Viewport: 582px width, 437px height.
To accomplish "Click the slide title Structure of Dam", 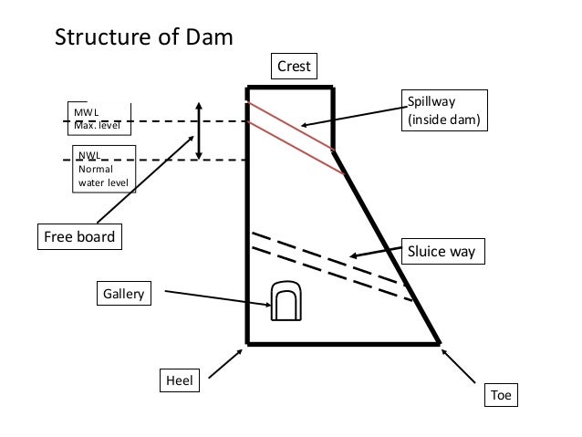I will [x=144, y=38].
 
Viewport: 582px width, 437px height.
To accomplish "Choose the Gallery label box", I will [x=123, y=295].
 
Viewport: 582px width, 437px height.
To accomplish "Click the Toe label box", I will [x=501, y=395].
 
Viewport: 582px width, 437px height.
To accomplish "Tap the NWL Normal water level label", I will [x=102, y=170].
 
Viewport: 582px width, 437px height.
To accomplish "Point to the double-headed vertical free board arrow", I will [x=199, y=130].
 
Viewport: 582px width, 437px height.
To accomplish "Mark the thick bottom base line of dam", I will [x=342, y=344].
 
